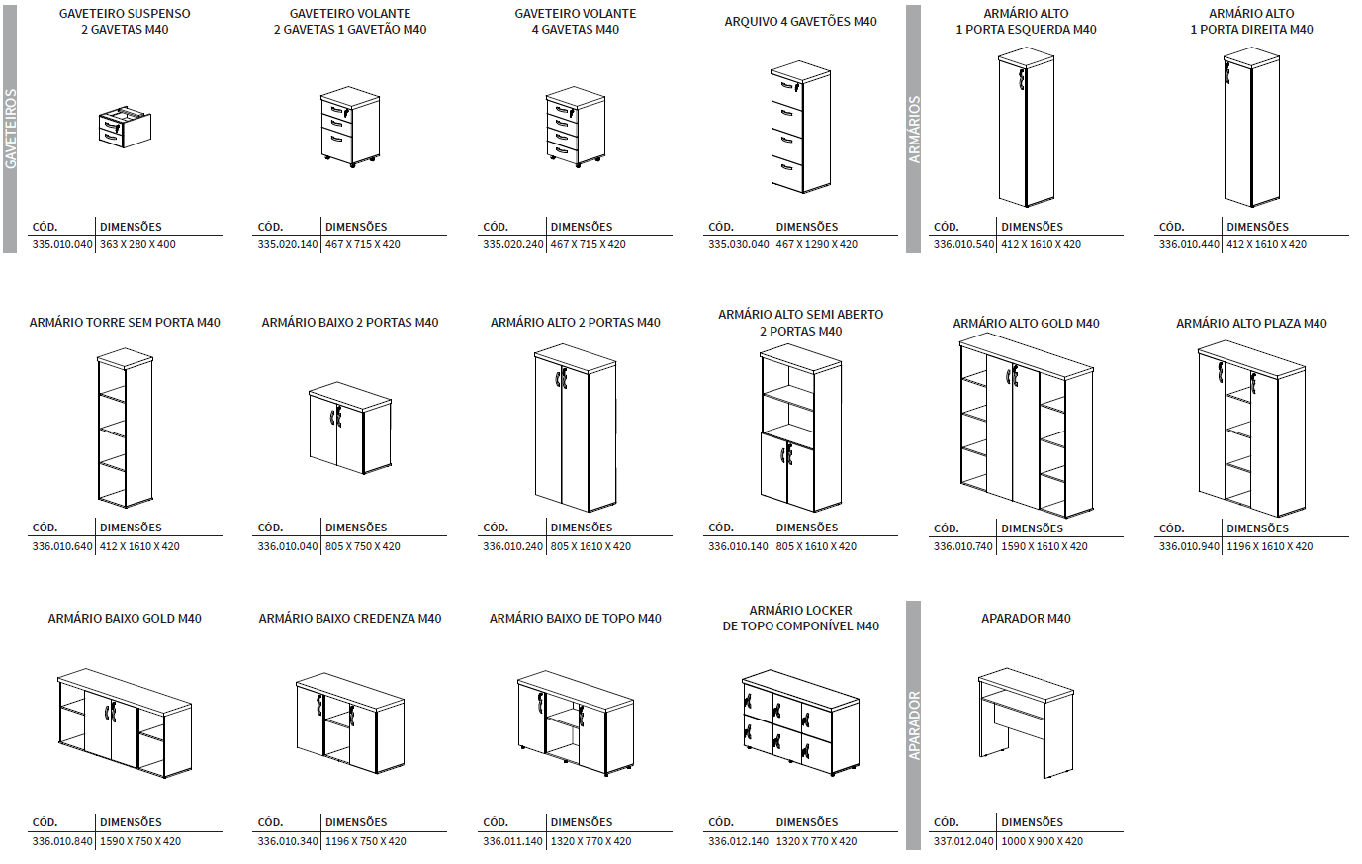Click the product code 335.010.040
click(62, 244)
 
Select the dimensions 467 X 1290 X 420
click(816, 244)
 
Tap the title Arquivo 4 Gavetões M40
click(800, 22)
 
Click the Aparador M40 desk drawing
click(1026, 721)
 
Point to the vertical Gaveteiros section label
click(11, 129)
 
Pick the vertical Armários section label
click(914, 129)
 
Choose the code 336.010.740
click(963, 546)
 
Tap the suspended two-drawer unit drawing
click(125, 126)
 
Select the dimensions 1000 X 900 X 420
click(1042, 841)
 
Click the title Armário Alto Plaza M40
click(1251, 324)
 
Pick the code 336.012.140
click(738, 841)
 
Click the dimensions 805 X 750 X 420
click(363, 546)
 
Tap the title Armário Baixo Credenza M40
click(350, 619)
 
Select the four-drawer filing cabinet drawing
click(800, 127)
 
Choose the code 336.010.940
click(1189, 546)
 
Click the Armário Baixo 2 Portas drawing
click(349, 427)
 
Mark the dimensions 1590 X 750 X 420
click(140, 841)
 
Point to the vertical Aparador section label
click(914, 724)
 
